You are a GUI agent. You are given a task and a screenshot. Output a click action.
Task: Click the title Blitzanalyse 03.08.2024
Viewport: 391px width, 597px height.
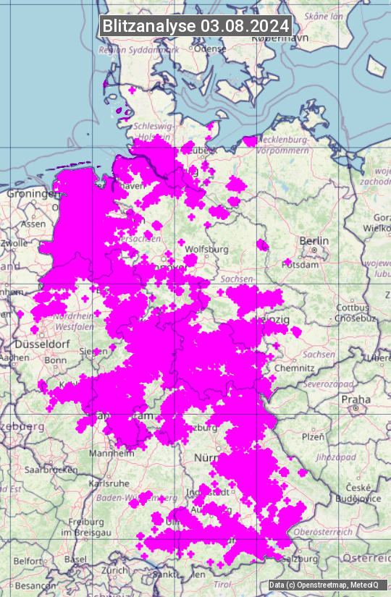(x=195, y=25)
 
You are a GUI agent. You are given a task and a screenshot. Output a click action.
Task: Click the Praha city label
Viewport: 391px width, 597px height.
(x=356, y=399)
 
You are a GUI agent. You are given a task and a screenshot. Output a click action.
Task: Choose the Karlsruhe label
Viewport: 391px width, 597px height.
(x=109, y=482)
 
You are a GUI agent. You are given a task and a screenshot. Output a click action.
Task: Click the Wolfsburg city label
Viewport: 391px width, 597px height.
(x=206, y=250)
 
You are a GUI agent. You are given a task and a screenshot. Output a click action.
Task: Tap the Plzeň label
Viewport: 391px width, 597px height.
(x=312, y=437)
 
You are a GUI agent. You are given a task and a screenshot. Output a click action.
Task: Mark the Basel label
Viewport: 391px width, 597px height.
(x=75, y=559)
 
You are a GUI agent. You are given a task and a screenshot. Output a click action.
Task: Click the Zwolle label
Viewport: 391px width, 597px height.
(x=14, y=244)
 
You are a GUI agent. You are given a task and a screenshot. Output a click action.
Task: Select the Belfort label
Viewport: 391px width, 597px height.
(x=28, y=561)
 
